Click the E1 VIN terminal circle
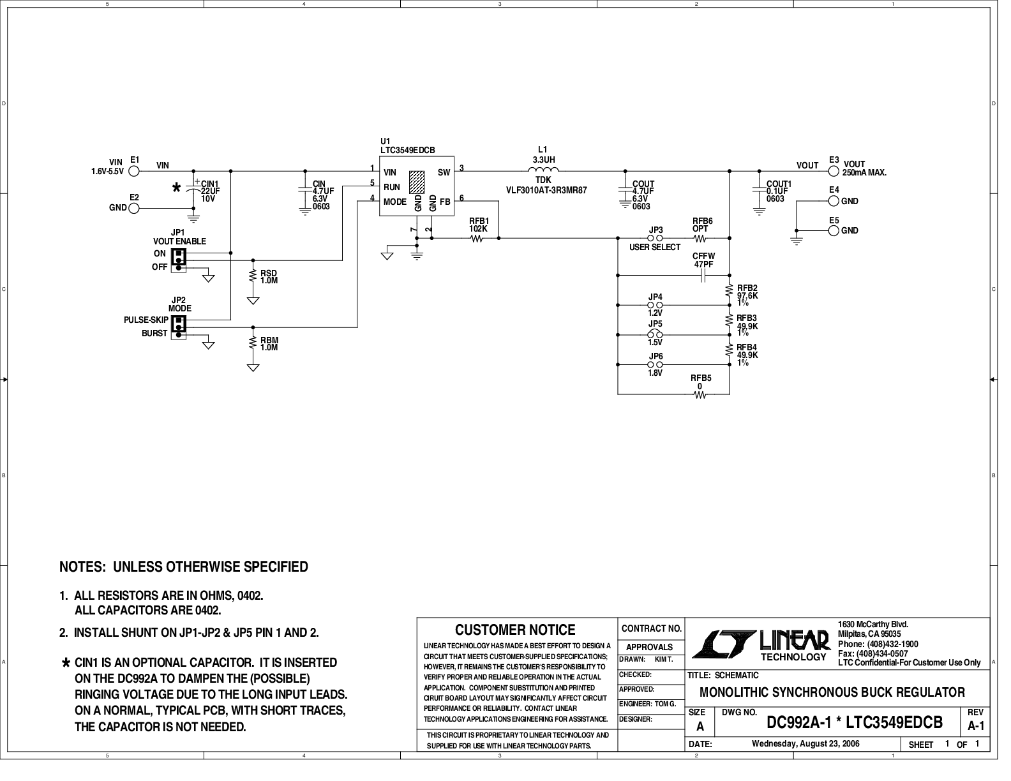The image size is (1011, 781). (x=134, y=171)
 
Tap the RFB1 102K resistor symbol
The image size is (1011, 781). (x=477, y=239)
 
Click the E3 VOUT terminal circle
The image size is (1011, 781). (x=833, y=171)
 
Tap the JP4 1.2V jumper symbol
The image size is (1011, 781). (x=655, y=305)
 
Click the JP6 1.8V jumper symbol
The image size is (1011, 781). (x=655, y=364)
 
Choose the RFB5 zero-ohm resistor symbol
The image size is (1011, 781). (x=701, y=395)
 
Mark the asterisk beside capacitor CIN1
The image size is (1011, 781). (x=177, y=188)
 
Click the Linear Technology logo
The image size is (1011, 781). (x=760, y=643)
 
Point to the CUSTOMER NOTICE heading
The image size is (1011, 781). (x=515, y=630)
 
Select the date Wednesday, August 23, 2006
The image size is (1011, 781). (x=805, y=743)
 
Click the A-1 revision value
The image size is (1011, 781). (x=976, y=726)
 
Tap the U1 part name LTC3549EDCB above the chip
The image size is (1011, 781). (x=407, y=150)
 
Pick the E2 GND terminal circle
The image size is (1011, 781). (x=134, y=208)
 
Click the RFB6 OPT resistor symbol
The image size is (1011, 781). (x=700, y=239)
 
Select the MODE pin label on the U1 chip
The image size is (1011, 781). (x=395, y=202)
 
